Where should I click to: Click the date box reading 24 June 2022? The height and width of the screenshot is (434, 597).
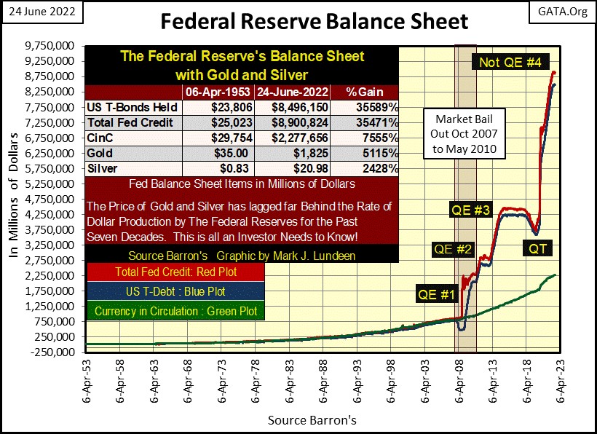41,13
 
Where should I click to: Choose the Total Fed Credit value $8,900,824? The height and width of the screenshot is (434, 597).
291,122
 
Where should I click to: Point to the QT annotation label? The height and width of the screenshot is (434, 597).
540,248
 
